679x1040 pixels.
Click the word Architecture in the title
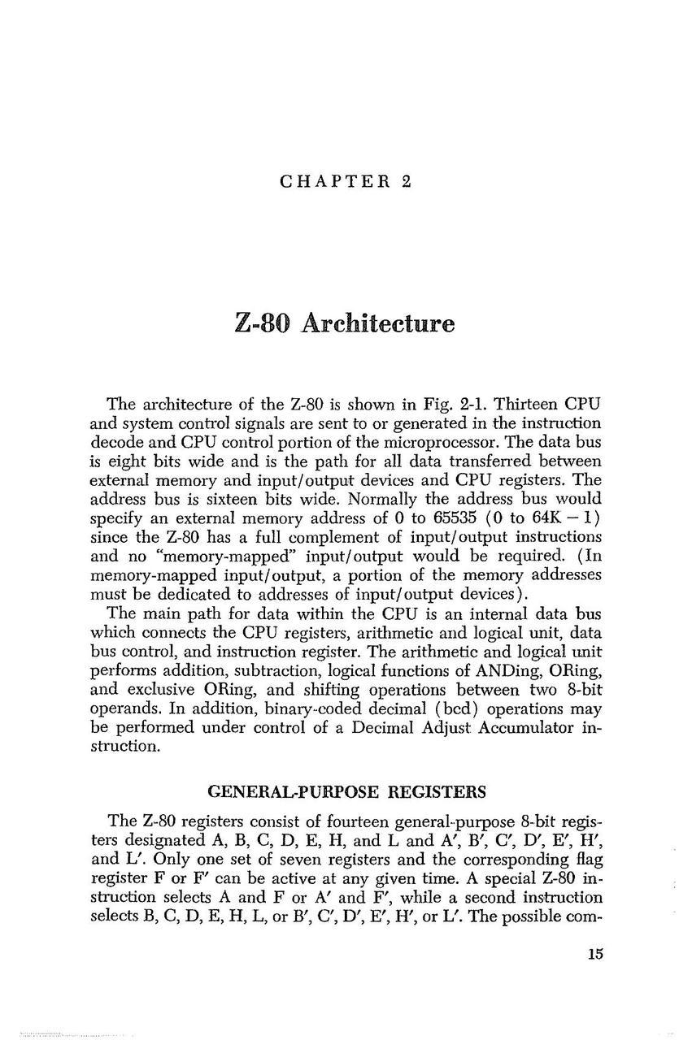click(377, 323)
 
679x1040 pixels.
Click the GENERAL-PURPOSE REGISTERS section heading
click(347, 791)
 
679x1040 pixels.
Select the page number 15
click(595, 954)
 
